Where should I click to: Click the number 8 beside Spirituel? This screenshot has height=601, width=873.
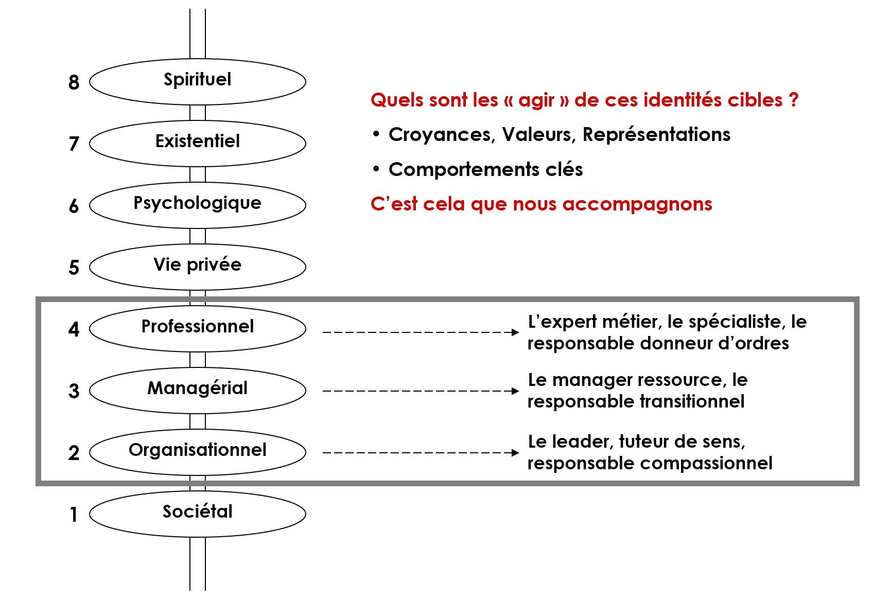click(74, 82)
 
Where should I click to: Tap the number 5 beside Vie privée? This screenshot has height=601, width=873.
click(74, 268)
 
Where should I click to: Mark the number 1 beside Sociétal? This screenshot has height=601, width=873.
click(73, 515)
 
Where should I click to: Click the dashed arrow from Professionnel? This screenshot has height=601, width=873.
click(421, 332)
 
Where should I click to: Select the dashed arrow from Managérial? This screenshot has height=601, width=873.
click(421, 391)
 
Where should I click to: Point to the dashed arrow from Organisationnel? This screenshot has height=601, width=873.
click(421, 453)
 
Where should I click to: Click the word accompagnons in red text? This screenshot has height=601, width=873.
click(637, 205)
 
